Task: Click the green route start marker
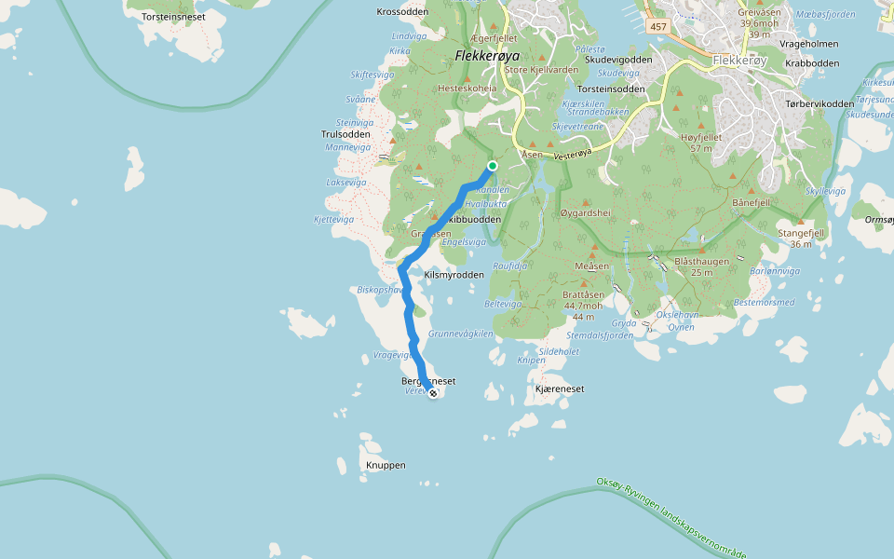click(492, 166)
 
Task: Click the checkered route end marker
click(433, 393)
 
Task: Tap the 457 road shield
click(658, 26)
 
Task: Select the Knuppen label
click(386, 464)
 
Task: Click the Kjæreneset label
click(560, 389)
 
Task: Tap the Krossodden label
click(401, 12)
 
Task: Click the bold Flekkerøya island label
click(485, 56)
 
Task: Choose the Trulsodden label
click(345, 134)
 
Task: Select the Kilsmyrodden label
click(454, 275)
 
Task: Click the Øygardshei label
click(585, 213)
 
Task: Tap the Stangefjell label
click(801, 233)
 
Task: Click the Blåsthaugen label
click(701, 262)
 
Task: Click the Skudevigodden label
click(618, 59)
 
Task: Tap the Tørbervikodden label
click(819, 103)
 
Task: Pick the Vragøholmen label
click(809, 44)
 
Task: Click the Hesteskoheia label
click(467, 89)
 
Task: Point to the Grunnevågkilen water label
click(460, 334)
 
